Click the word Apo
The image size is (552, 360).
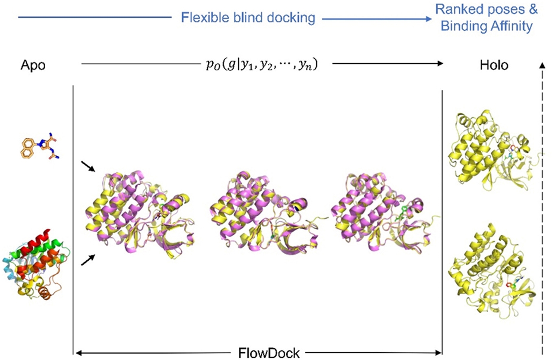coord(33,65)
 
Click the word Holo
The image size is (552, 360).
coord(494,65)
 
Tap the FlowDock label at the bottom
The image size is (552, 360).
coord(269,354)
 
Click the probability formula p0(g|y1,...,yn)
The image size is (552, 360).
coord(262,65)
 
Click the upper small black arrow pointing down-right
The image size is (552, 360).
coord(88,167)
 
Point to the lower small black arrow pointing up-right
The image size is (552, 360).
coord(88,260)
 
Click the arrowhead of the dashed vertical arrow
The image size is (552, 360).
coord(542,65)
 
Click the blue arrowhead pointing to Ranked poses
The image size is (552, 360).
coord(428,19)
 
